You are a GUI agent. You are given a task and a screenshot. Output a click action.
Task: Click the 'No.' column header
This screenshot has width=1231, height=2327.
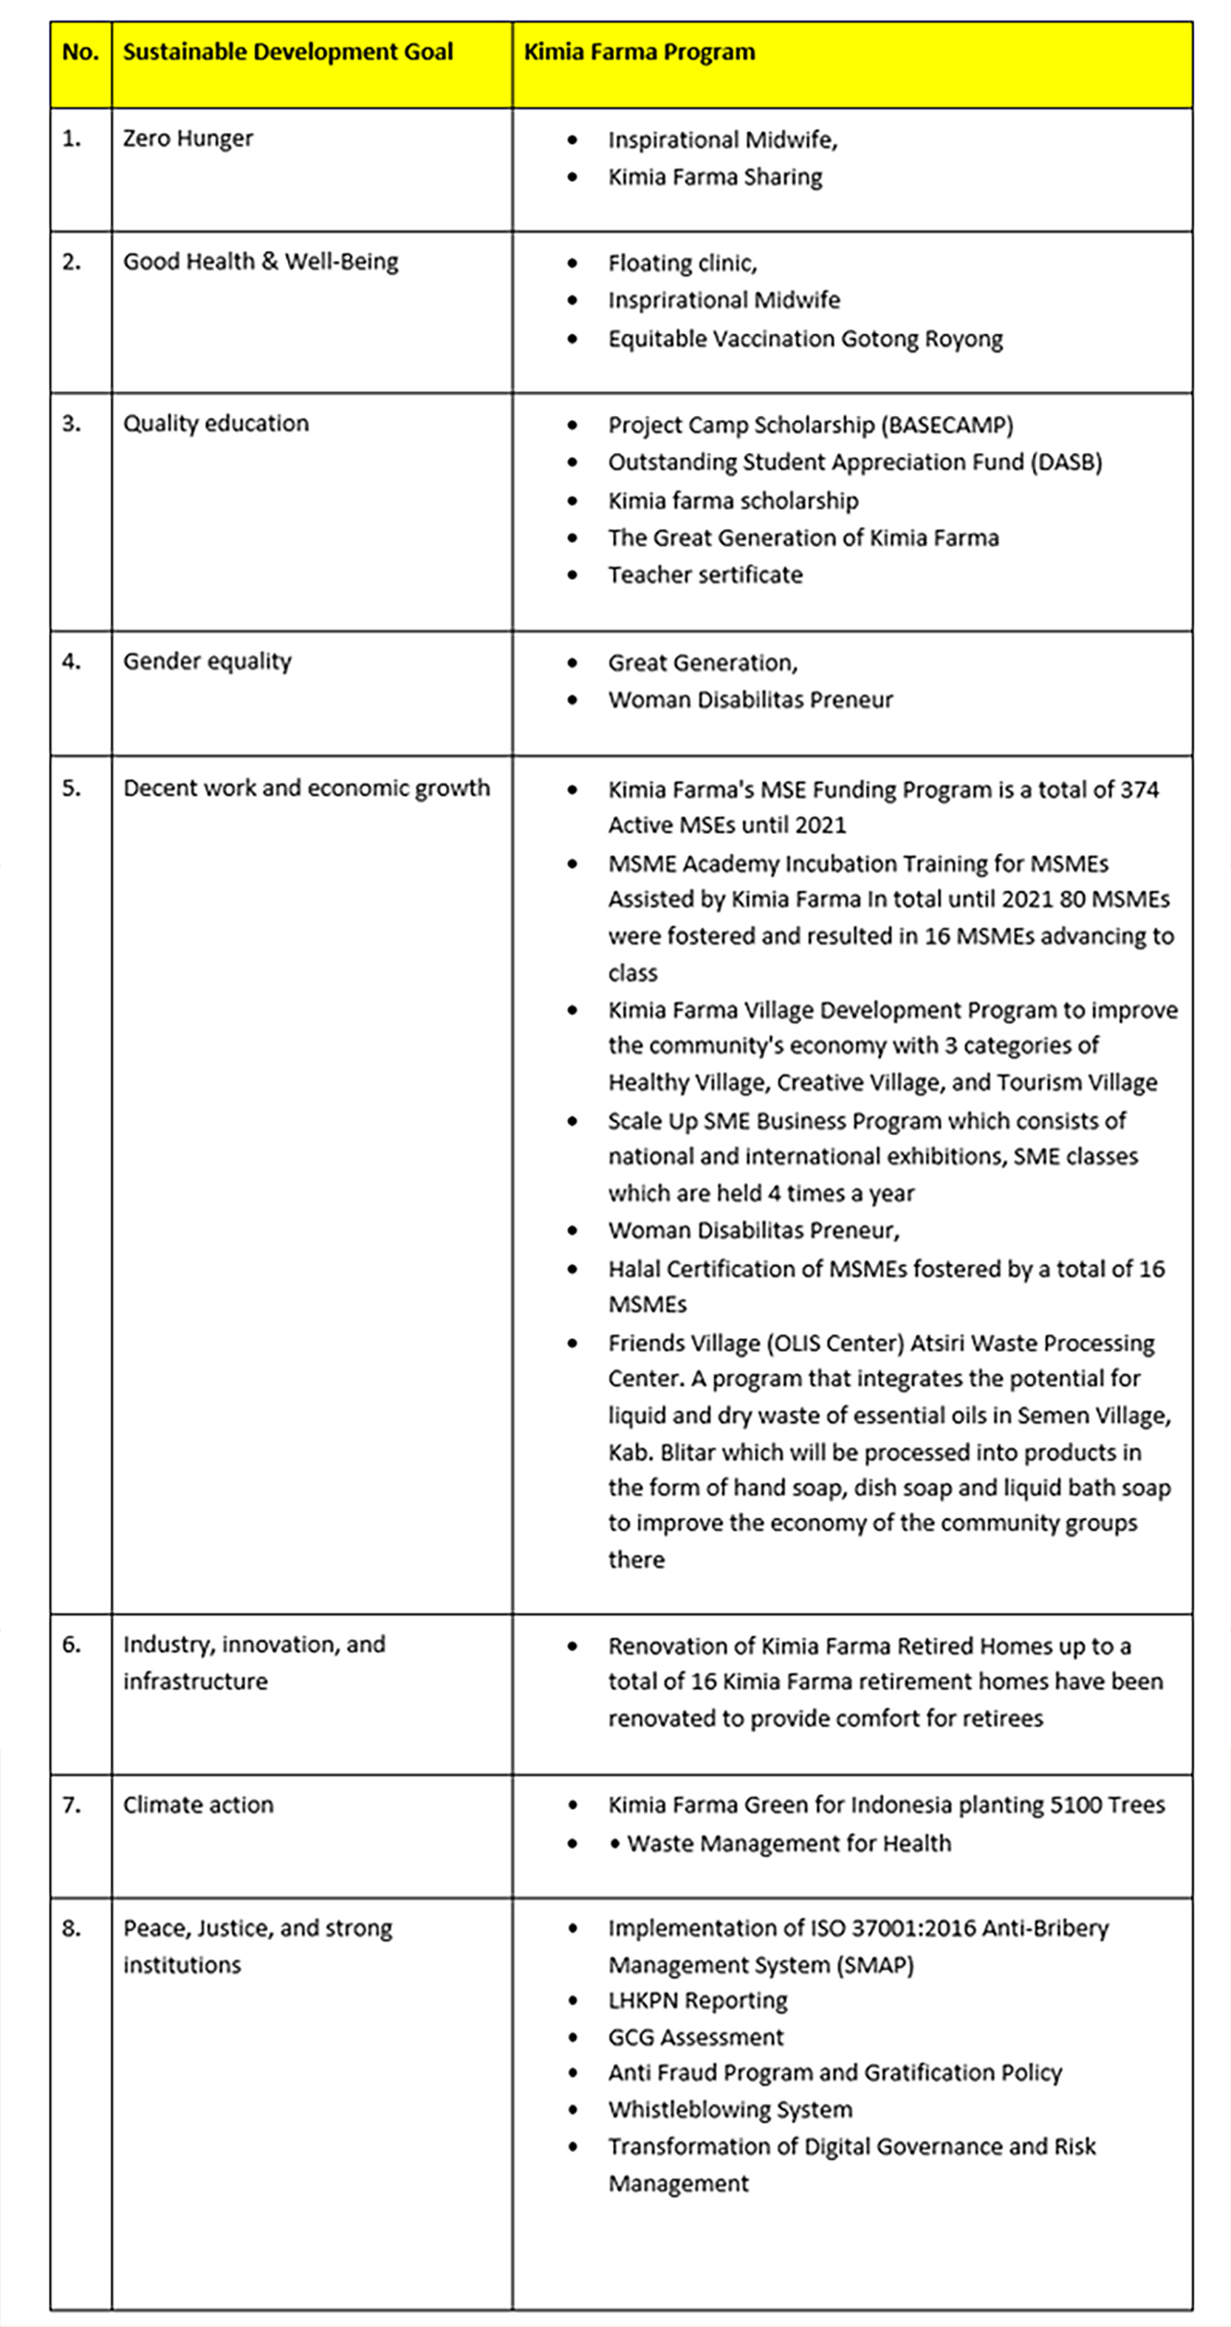pyautogui.click(x=80, y=52)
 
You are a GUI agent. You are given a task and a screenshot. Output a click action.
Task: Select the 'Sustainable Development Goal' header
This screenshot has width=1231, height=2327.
pyautogui.click(x=287, y=52)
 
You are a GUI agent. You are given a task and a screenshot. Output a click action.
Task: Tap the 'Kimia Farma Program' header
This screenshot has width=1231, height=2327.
pyautogui.click(x=639, y=52)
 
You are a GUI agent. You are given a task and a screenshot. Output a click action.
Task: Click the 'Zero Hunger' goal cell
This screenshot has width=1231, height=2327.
pyautogui.click(x=188, y=138)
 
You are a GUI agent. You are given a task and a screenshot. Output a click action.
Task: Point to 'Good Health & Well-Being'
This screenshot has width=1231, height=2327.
pyautogui.click(x=260, y=262)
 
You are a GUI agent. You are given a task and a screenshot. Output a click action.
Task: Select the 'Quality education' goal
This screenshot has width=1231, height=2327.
pyautogui.click(x=216, y=424)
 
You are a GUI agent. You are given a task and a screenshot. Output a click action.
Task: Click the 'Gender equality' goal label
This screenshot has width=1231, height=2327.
pyautogui.click(x=207, y=661)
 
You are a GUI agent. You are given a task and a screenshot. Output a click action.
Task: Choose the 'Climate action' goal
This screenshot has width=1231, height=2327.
pyautogui.click(x=198, y=1805)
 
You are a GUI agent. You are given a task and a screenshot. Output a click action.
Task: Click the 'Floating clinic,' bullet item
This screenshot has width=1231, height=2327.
pyautogui.click(x=682, y=263)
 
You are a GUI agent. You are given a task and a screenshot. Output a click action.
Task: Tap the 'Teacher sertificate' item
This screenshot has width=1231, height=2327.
pyautogui.click(x=704, y=575)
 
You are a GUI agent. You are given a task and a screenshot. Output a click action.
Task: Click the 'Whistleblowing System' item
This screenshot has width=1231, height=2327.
pyautogui.click(x=730, y=2109)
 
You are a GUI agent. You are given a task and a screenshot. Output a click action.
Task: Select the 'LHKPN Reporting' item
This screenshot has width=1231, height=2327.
pyautogui.click(x=697, y=2001)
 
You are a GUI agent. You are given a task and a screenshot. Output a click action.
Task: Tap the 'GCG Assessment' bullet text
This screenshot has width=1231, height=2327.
pyautogui.click(x=696, y=2037)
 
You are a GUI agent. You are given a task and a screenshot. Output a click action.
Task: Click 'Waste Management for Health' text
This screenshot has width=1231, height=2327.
pyautogui.click(x=789, y=1843)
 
